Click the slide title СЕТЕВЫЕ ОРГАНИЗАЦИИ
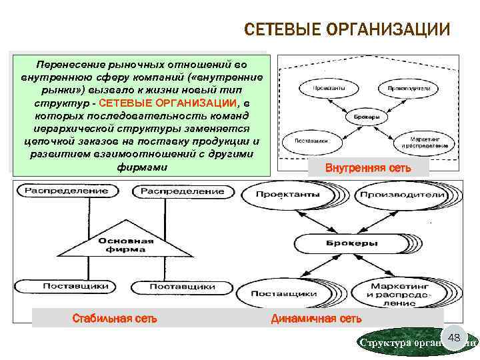click(347, 30)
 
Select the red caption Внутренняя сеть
click(368, 168)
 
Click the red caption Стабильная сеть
click(115, 318)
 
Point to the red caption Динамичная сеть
click(316, 319)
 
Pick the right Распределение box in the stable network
click(181, 191)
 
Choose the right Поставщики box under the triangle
click(181, 286)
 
